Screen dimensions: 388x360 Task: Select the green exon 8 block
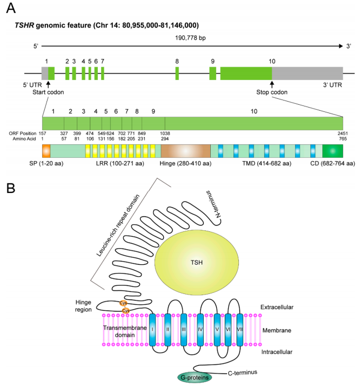(177, 73)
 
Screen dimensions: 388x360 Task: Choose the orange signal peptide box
(46, 151)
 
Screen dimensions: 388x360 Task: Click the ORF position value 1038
(165, 133)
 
